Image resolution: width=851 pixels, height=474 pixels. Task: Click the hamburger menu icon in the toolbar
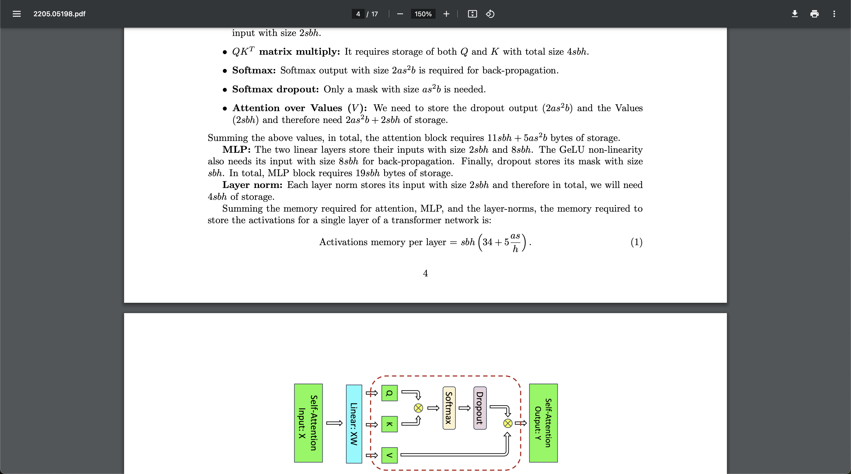pos(16,14)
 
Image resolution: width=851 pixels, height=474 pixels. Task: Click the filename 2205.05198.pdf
pos(59,14)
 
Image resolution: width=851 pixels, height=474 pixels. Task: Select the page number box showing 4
pos(358,14)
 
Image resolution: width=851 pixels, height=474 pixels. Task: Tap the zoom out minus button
pos(400,14)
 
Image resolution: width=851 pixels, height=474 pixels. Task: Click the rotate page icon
pos(490,14)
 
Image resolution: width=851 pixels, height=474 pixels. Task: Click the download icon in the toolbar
pos(795,14)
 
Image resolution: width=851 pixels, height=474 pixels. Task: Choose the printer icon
pos(814,14)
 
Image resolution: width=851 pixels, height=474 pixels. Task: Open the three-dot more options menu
pos(834,14)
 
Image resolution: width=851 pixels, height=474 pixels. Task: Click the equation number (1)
pos(636,242)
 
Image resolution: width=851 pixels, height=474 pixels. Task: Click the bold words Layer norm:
pos(252,185)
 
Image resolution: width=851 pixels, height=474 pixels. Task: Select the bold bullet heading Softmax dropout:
pos(276,89)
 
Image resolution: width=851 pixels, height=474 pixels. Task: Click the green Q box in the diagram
pos(390,393)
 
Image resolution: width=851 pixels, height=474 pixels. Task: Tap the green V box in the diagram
pos(390,455)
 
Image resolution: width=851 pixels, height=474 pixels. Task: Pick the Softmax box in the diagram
pos(449,408)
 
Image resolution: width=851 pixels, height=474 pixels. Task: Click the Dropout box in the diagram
pos(480,408)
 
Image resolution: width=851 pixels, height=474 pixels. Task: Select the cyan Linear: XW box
pos(354,423)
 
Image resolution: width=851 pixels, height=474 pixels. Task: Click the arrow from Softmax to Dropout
pos(464,408)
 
